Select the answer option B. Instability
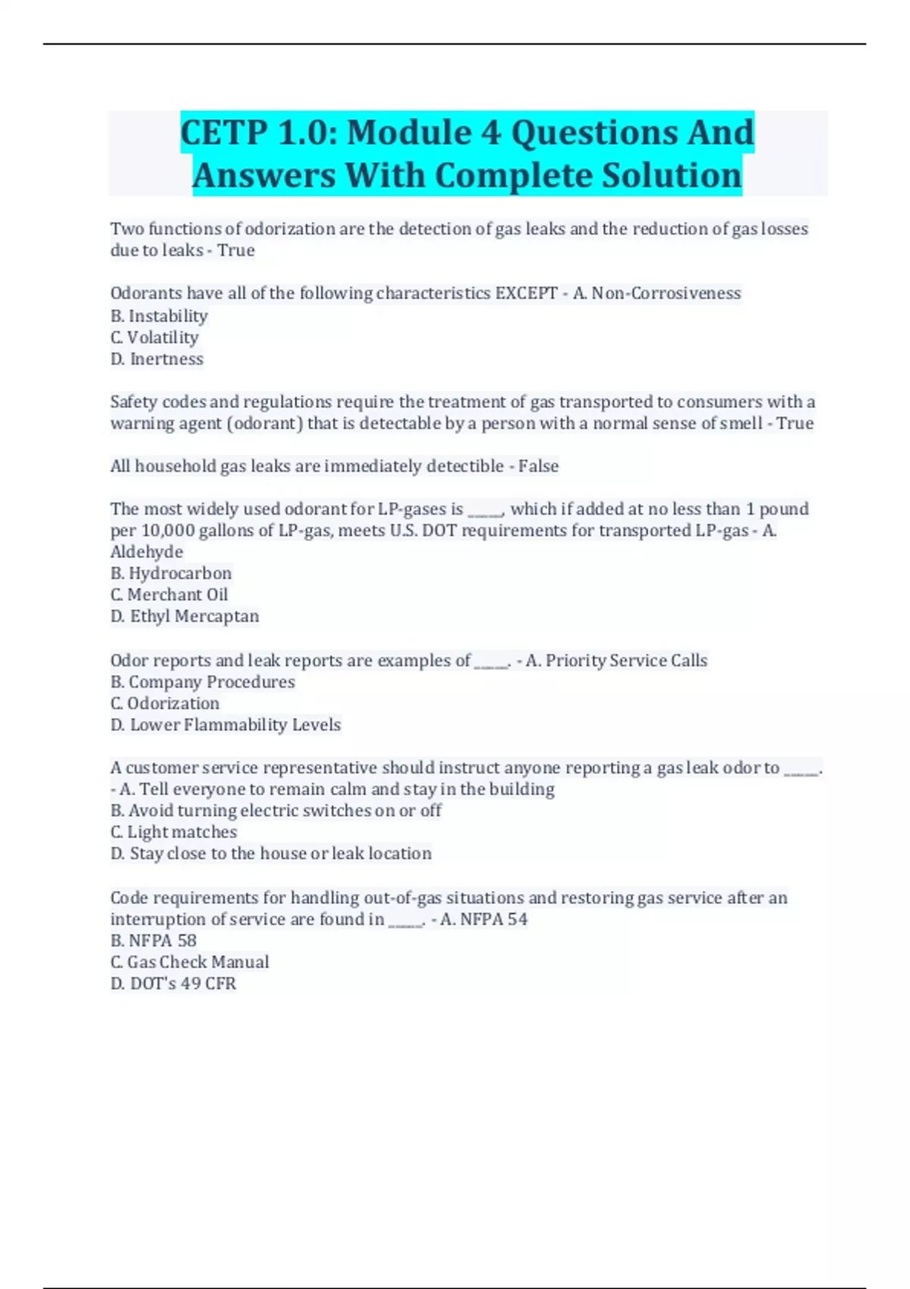click(x=159, y=316)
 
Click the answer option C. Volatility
click(x=155, y=337)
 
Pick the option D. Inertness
click(x=157, y=359)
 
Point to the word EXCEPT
click(x=526, y=293)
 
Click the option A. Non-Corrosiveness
click(x=657, y=293)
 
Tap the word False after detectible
click(x=538, y=466)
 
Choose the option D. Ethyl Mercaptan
click(x=185, y=616)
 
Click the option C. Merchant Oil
click(x=169, y=595)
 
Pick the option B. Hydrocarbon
click(x=171, y=573)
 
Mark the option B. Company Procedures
click(x=202, y=682)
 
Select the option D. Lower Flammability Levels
click(x=226, y=725)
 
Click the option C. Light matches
click(x=174, y=832)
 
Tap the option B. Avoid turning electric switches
click(x=276, y=811)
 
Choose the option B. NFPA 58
click(x=154, y=941)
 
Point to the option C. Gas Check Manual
click(x=190, y=962)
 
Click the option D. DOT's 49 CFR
click(x=174, y=983)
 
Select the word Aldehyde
click(x=147, y=552)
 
